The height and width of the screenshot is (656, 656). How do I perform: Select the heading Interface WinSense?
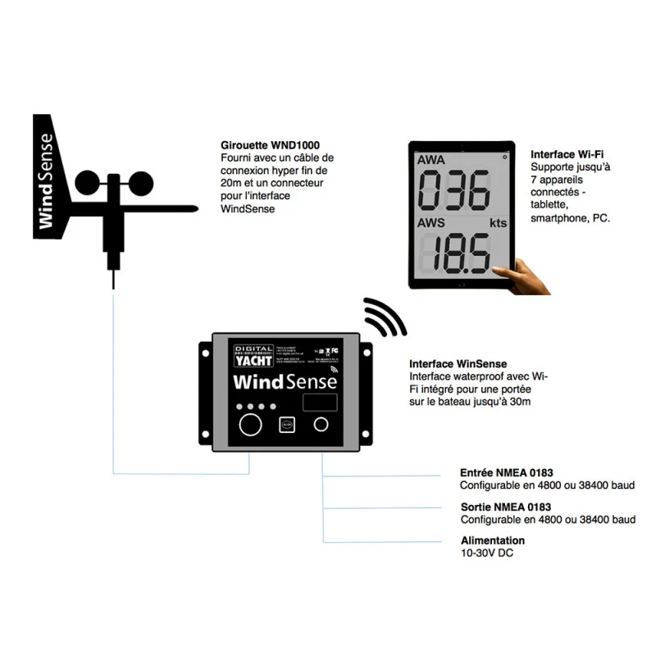[458, 363]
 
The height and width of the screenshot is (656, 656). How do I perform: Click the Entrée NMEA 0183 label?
[506, 472]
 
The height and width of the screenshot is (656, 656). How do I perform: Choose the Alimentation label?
[493, 540]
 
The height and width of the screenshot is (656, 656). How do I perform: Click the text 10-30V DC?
[488, 553]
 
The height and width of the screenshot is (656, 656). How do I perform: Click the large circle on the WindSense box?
[250, 424]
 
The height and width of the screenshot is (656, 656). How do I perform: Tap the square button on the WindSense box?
[286, 425]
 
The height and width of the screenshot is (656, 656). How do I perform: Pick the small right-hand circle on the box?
[321, 424]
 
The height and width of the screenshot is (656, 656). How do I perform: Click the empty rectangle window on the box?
[320, 402]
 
